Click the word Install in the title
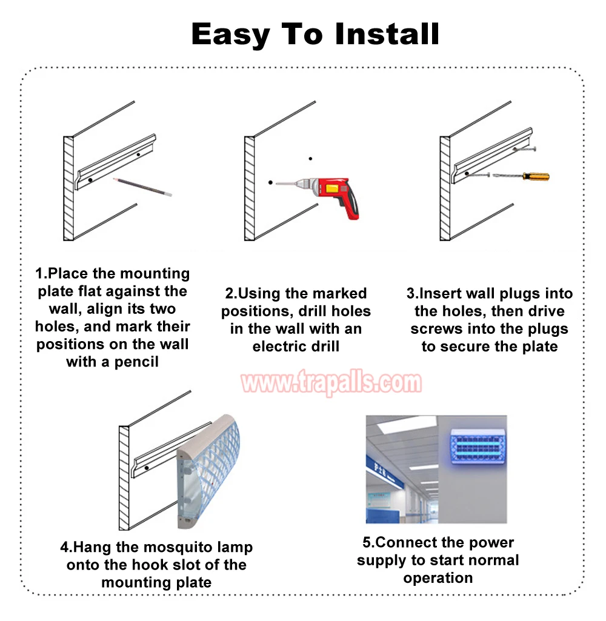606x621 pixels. pos(387,34)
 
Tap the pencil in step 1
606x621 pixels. pos(142,187)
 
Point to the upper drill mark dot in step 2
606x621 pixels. pos(310,158)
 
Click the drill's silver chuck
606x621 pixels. pos(302,184)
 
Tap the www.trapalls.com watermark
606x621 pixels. pos(331,382)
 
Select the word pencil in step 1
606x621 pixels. pos(136,362)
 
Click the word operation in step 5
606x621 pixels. pos(438,578)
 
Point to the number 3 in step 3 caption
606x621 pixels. pos(410,293)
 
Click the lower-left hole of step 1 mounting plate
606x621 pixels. pos(90,180)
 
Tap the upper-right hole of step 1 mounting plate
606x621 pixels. pos(138,154)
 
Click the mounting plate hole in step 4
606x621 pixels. pos(147,468)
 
